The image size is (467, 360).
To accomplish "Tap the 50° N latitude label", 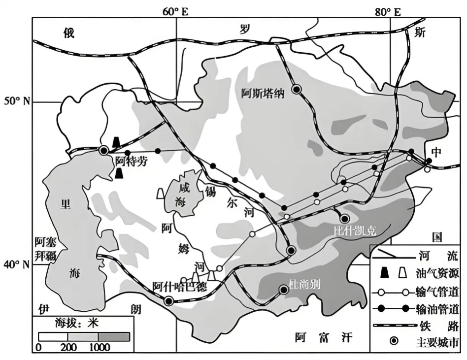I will [17, 101].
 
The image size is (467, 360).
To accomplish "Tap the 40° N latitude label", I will [17, 265].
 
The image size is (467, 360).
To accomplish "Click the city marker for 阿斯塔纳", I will [297, 89].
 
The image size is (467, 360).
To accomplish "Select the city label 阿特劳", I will [131, 161].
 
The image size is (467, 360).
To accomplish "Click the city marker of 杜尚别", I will [284, 290].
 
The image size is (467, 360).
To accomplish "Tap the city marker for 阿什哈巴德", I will [168, 301].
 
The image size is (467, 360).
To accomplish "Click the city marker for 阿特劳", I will [104, 150].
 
